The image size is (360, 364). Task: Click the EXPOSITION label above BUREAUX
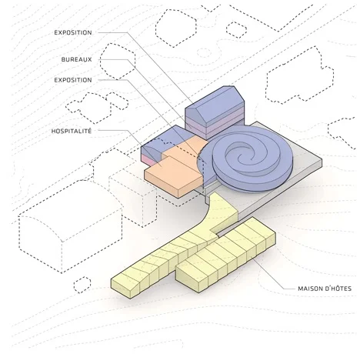(x=73, y=32)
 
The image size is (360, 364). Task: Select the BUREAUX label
(x=76, y=59)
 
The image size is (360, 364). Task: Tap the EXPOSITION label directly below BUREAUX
(x=73, y=80)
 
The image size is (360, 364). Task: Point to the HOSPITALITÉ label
(x=72, y=131)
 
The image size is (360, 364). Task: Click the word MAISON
(x=310, y=289)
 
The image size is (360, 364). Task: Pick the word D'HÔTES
(x=338, y=289)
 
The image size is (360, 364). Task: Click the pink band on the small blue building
(x=148, y=159)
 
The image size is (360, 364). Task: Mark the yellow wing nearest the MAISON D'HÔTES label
(x=225, y=254)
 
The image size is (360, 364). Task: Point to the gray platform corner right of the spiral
(x=322, y=159)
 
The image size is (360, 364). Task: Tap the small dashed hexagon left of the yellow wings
(x=82, y=285)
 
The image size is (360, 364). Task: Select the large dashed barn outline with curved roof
(x=70, y=225)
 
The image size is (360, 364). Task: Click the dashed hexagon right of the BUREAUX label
(x=118, y=62)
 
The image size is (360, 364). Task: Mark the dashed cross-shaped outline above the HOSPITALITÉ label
(x=98, y=107)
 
